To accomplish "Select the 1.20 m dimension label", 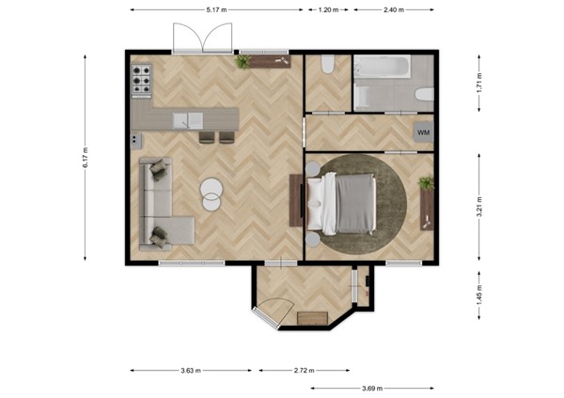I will [x=328, y=9].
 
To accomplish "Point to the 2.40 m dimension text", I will [x=394, y=9].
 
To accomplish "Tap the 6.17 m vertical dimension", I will [x=85, y=158].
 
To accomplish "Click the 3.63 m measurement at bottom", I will [x=191, y=371].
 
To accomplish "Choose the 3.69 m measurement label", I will [x=371, y=388].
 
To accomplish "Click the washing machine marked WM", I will [x=423, y=133].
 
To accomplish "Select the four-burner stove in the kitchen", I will [x=142, y=81].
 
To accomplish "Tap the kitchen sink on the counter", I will [x=188, y=119].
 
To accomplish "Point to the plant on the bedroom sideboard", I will [x=426, y=182].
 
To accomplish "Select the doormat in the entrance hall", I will [x=310, y=318].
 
